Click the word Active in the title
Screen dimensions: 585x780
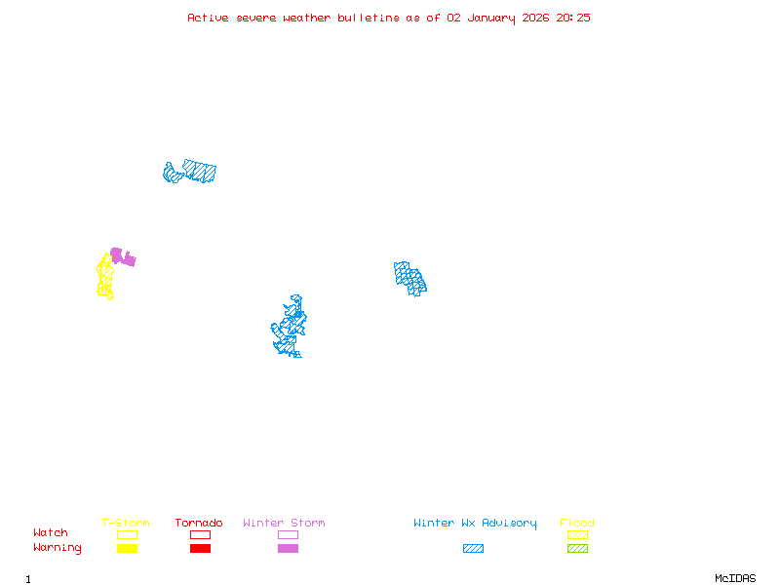209,18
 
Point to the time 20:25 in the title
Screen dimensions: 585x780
572,18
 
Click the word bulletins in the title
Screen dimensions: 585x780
368,18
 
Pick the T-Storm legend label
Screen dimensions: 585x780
126,524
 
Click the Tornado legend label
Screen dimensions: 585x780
199,524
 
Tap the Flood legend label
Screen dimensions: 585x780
577,524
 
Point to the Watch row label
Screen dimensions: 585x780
51,533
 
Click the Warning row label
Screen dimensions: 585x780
58,548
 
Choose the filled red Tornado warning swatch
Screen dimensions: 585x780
200,549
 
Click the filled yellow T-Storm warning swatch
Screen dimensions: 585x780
127,549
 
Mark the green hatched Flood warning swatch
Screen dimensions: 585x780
577,549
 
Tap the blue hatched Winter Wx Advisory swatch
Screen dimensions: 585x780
473,549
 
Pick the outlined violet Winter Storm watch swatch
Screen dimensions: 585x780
288,535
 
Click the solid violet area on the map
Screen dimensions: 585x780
122,257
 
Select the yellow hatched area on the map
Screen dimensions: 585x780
104,278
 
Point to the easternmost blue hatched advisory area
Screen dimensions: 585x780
410,278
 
